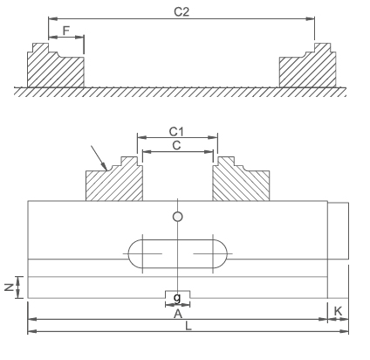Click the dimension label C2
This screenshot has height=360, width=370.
click(x=181, y=11)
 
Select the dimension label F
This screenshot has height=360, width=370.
click(x=66, y=30)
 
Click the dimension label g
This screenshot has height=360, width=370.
click(x=177, y=297)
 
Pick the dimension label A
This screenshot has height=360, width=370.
click(x=177, y=311)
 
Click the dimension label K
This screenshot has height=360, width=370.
click(x=338, y=311)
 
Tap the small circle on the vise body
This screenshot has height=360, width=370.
click(x=177, y=216)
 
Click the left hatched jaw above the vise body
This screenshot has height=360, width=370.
click(x=114, y=182)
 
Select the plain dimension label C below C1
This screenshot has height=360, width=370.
click(x=177, y=145)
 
